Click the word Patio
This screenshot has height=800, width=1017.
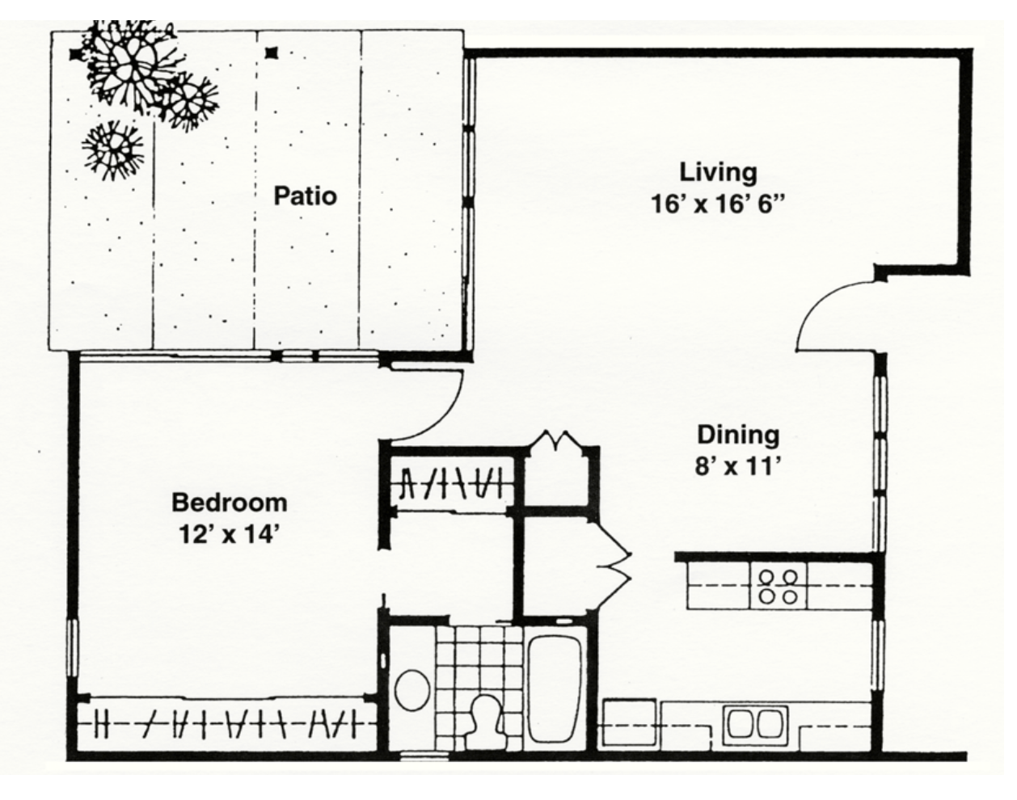point(306,196)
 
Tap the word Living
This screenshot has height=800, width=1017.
point(719,173)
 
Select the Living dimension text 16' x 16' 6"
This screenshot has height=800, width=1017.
point(718,204)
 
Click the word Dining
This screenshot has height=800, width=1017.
point(738,435)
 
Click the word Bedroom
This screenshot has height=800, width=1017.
point(230,503)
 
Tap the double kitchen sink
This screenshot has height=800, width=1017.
point(755,723)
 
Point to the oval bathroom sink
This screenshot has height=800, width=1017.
point(412,690)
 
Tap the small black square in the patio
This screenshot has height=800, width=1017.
point(271,53)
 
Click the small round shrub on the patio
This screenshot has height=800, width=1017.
point(112,150)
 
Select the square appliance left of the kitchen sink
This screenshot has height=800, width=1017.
point(630,723)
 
